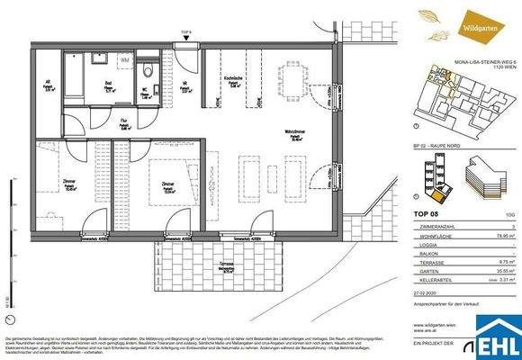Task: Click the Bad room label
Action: [x=107, y=86]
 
